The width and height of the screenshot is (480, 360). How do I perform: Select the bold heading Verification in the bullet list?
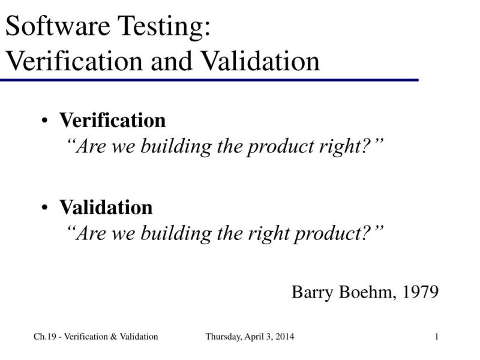pos(112,121)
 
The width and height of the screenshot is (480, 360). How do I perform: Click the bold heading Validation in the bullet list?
pos(106,208)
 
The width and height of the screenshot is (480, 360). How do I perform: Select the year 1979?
pos(421,292)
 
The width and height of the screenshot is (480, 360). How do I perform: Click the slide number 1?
pos(437,337)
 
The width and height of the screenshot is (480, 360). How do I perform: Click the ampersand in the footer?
pos(114,337)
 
